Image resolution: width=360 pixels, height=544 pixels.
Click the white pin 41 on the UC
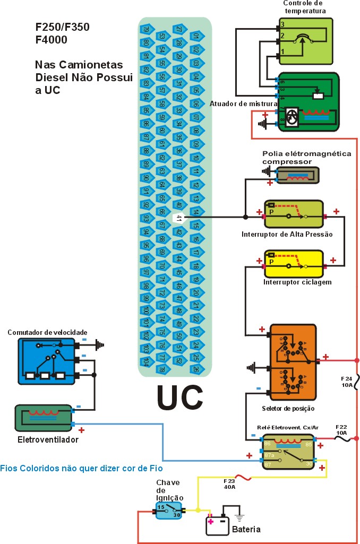point(179,218)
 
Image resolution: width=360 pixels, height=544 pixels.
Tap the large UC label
point(179,396)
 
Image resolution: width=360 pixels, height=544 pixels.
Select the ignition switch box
point(169,510)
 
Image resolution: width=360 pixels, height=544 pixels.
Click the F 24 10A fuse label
point(346,382)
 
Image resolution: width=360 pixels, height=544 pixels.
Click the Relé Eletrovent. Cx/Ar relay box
point(289,451)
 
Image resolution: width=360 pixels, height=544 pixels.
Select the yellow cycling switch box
point(294,263)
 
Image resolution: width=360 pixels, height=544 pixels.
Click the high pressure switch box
point(294,214)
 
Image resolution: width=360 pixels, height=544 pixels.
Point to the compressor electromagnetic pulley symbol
point(299,175)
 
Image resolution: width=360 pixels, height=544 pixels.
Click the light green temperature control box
point(305,41)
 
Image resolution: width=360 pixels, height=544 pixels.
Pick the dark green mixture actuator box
point(308,101)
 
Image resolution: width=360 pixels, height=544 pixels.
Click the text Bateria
point(246,529)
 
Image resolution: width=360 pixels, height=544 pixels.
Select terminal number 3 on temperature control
point(282,25)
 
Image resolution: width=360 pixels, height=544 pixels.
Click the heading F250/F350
point(60,27)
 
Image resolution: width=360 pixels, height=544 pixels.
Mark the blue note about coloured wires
point(81,468)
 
